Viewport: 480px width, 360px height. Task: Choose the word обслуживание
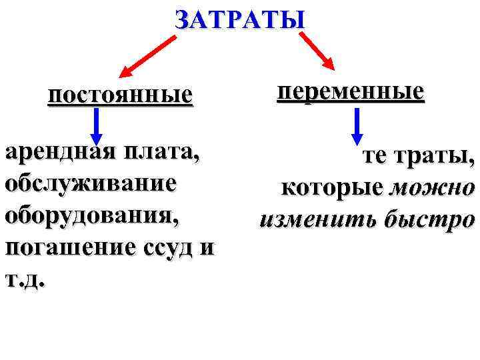[91, 183]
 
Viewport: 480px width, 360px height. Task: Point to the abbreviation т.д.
[25, 279]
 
